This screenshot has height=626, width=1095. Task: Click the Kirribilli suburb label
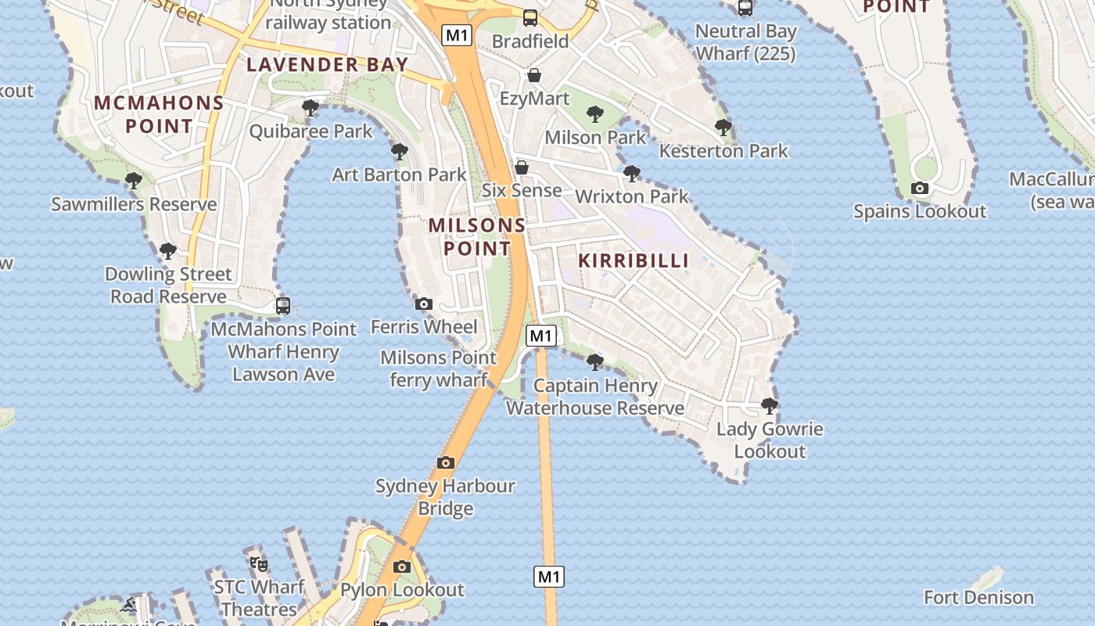pyautogui.click(x=634, y=261)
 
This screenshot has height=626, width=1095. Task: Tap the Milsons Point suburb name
pyautogui.click(x=477, y=237)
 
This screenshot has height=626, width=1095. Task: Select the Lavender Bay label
pyautogui.click(x=328, y=65)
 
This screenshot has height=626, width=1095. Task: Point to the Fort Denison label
pyautogui.click(x=978, y=598)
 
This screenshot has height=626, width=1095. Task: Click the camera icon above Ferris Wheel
pyautogui.click(x=424, y=304)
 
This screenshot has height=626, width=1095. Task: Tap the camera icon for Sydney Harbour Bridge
pyautogui.click(x=446, y=462)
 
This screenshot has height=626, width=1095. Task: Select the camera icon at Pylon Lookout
pyautogui.click(x=402, y=567)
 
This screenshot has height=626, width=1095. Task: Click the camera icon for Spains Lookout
pyautogui.click(x=920, y=189)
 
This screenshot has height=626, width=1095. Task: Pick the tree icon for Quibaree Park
pyautogui.click(x=311, y=107)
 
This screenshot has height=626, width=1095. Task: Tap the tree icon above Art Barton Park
pyautogui.click(x=399, y=152)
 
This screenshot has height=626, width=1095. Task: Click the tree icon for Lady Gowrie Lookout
pyautogui.click(x=770, y=405)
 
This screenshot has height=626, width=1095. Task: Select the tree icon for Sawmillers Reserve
pyautogui.click(x=134, y=181)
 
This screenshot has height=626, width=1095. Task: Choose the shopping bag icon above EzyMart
pyautogui.click(x=534, y=75)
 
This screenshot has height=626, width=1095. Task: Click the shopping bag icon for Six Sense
pyautogui.click(x=522, y=167)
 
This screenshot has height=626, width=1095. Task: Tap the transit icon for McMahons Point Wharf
pyautogui.click(x=283, y=306)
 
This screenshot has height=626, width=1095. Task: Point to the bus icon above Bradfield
pyautogui.click(x=530, y=17)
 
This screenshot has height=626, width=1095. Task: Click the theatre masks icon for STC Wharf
pyautogui.click(x=259, y=563)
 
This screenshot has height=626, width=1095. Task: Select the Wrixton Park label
pyautogui.click(x=632, y=196)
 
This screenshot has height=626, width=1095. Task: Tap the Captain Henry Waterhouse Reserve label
pyautogui.click(x=595, y=397)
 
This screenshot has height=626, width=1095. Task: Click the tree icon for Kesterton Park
pyautogui.click(x=723, y=127)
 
